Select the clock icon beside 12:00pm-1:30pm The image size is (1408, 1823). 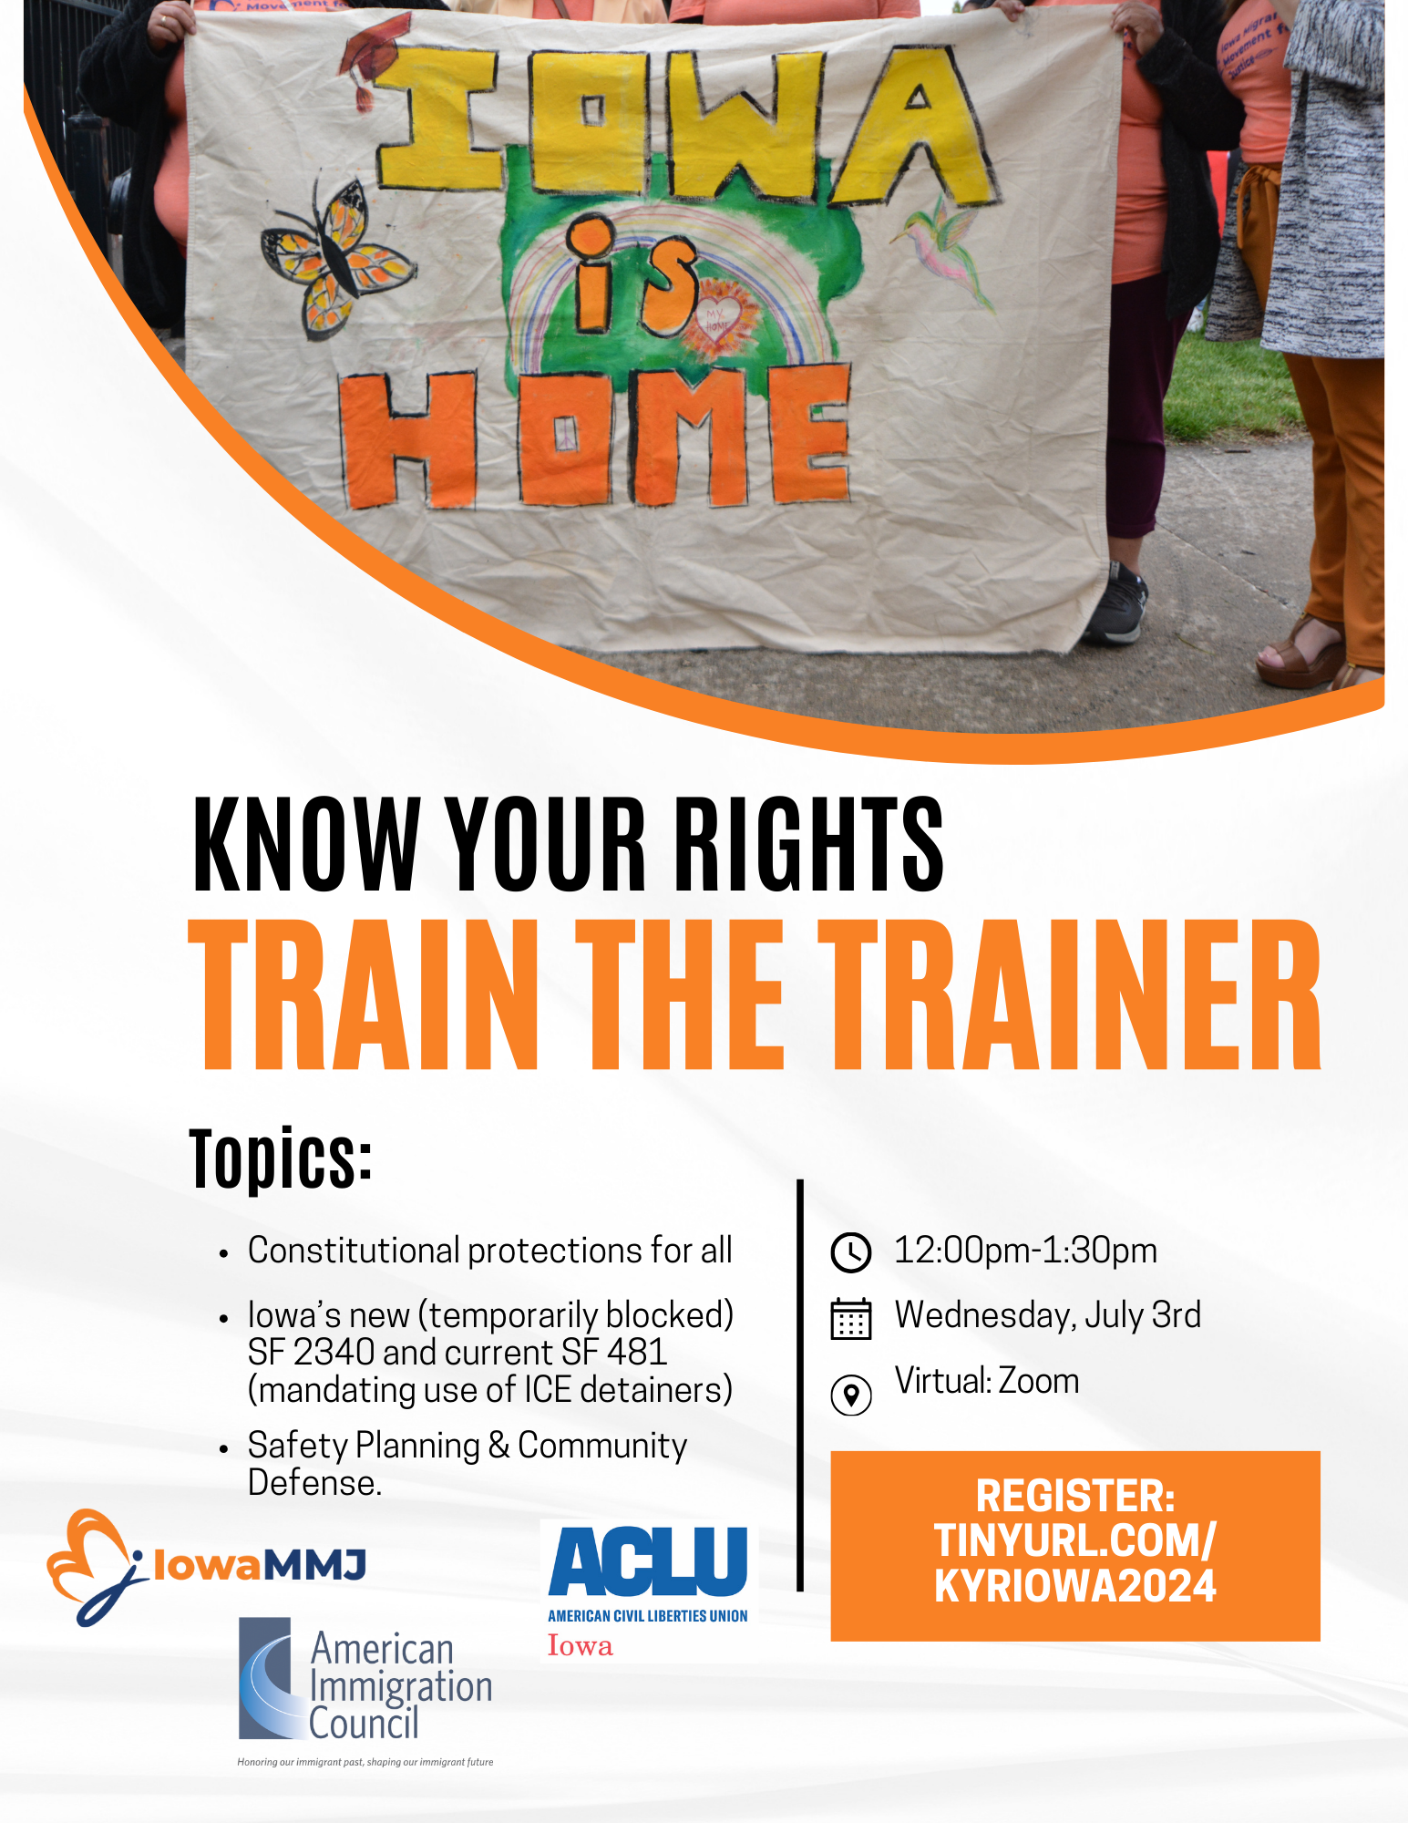(851, 1252)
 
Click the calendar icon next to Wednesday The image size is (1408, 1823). (851, 1318)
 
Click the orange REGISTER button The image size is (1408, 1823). (1075, 1546)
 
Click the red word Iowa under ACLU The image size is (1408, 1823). (580, 1646)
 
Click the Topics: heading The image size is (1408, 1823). (281, 1158)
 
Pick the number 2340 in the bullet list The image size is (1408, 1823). (334, 1352)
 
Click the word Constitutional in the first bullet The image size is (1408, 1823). (354, 1251)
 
